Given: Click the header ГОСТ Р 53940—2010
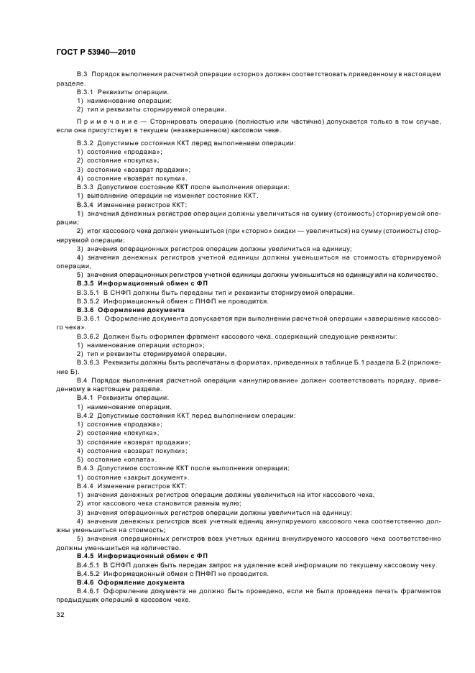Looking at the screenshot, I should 95,52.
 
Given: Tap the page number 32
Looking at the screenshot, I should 61,614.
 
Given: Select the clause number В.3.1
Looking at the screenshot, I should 86,92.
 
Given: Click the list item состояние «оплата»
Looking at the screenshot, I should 116,459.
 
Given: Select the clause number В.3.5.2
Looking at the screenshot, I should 90,301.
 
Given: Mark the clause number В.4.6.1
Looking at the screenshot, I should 90,591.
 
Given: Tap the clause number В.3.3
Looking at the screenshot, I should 86,187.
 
